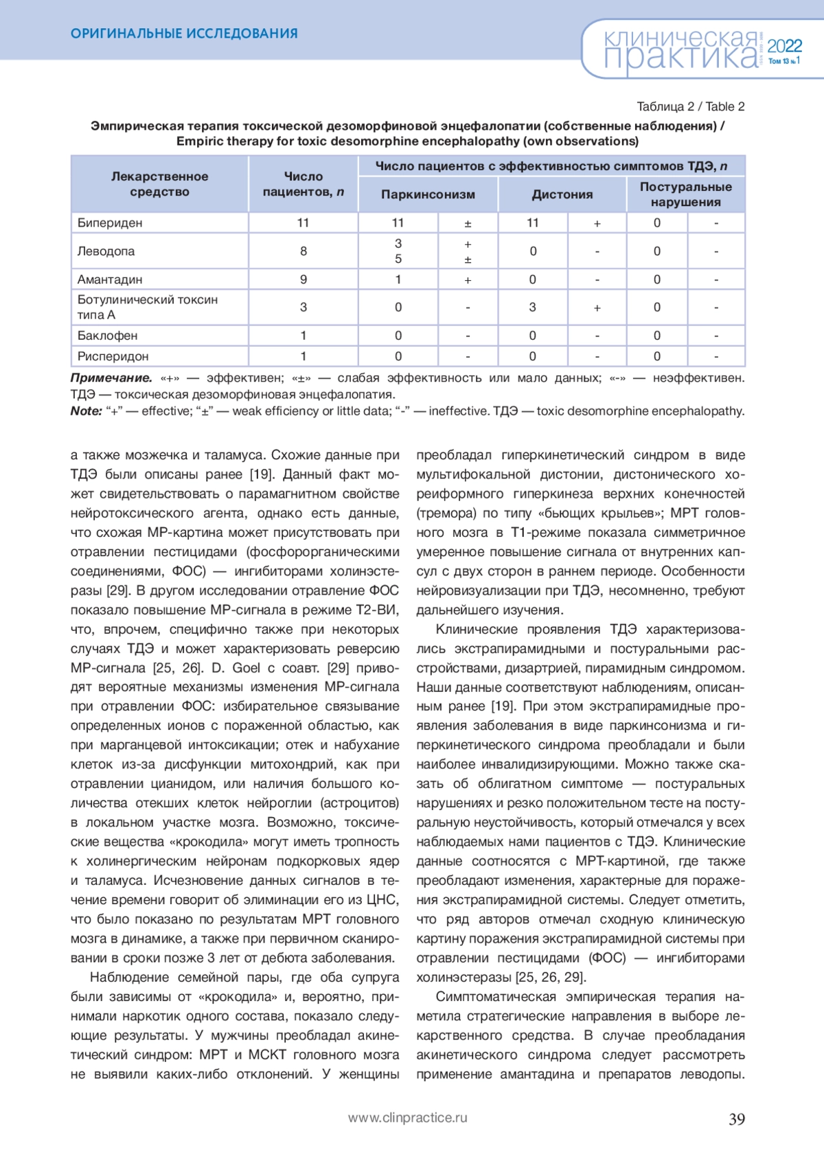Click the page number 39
(736, 1119)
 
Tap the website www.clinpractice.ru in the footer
(407, 1118)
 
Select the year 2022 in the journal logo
(784, 46)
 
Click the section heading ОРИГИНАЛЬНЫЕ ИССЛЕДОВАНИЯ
(184, 33)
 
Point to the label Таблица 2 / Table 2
(690, 106)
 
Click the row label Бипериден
(110, 222)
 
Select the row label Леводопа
(106, 251)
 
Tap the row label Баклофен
(107, 336)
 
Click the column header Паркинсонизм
(428, 194)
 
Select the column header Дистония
(562, 194)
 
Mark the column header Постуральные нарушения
(685, 194)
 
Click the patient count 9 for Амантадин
(303, 279)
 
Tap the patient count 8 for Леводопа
(303, 251)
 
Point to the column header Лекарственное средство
(159, 184)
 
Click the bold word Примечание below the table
(111, 378)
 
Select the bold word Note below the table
(86, 411)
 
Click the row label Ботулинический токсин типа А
(147, 307)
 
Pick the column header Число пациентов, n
(303, 184)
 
